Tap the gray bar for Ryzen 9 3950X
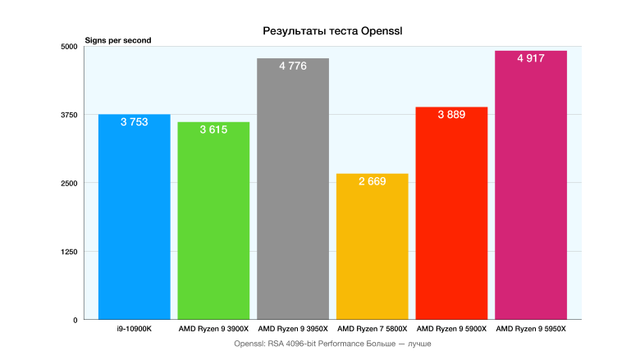click(293, 197)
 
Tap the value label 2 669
click(372, 181)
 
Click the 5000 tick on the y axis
click(69, 47)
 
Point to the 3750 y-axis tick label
click(69, 115)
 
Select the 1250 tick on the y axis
click(69, 252)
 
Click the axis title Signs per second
click(118, 40)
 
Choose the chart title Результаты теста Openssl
click(336, 31)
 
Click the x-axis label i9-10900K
click(134, 329)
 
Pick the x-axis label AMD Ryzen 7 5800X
click(372, 329)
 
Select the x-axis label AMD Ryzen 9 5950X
click(531, 329)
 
